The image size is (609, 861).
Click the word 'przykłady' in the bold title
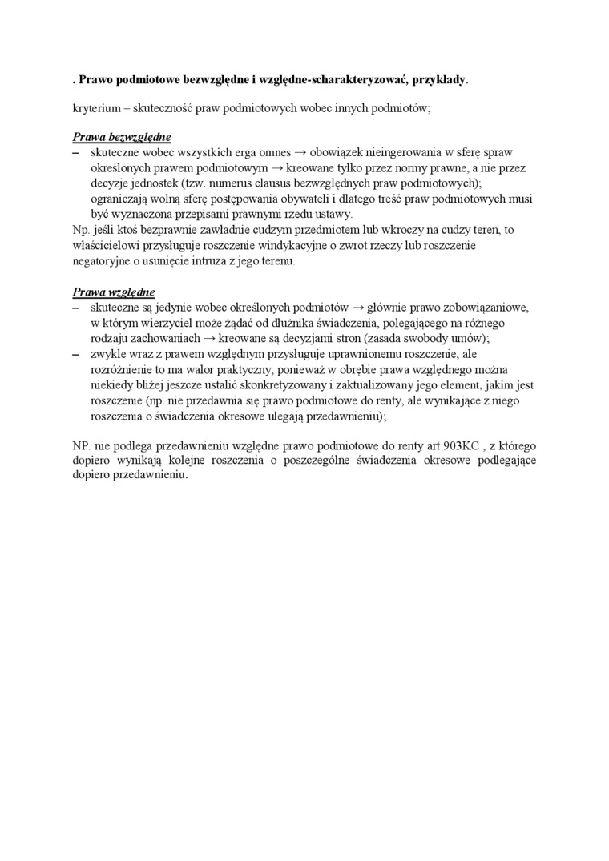(438, 81)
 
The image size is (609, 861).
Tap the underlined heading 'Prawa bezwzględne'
(122, 137)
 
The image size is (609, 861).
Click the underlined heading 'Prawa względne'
(114, 292)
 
